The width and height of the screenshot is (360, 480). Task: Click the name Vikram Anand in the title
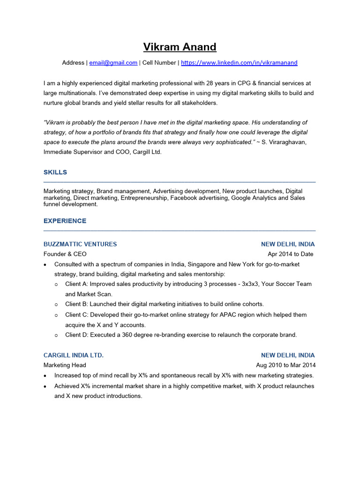coord(180,47)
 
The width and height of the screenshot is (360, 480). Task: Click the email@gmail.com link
coord(113,63)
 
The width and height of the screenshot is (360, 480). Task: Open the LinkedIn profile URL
coord(239,63)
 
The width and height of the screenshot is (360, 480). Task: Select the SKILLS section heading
coord(55,172)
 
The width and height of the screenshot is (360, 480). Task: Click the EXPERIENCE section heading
coord(65,221)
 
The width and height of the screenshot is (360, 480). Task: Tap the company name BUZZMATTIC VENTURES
coord(80,244)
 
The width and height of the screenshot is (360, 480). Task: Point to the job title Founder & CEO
coord(65,254)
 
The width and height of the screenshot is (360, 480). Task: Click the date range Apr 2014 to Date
coord(291,254)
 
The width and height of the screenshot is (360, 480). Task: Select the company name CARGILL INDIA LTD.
coord(74,355)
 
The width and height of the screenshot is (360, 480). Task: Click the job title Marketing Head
coord(65,365)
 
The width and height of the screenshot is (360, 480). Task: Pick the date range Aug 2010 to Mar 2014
coord(285,365)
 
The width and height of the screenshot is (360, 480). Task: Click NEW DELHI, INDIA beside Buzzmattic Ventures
coord(288,244)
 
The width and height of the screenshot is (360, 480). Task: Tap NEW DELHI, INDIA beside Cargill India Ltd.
coord(288,355)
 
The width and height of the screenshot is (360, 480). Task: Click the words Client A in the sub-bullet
coord(76,284)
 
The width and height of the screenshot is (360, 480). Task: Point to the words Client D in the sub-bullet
coord(76,335)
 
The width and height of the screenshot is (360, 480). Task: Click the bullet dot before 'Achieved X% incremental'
coord(45,386)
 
